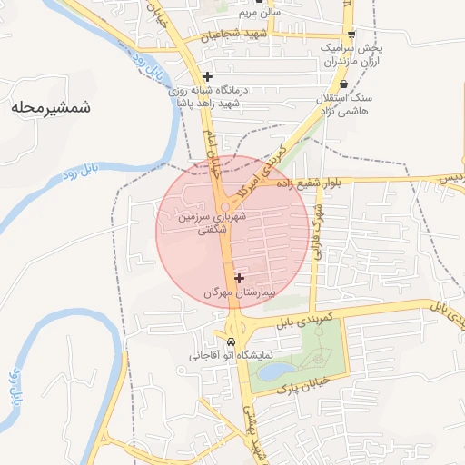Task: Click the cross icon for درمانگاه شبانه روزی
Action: [208, 76]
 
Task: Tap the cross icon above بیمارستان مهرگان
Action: [239, 278]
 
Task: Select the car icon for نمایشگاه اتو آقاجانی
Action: [232, 341]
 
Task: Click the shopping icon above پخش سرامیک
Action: [351, 34]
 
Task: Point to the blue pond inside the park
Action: [277, 371]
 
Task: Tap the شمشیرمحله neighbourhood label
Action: [52, 108]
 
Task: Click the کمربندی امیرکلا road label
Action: [266, 166]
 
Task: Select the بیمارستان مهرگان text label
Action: [238, 292]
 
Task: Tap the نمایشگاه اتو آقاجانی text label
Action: [232, 355]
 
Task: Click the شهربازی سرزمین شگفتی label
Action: [213, 225]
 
